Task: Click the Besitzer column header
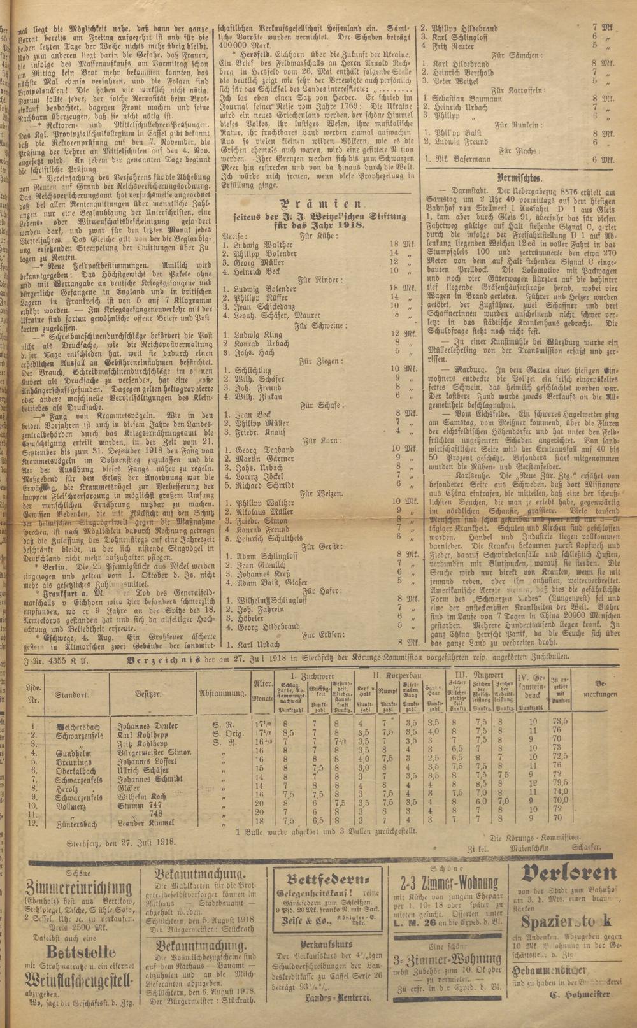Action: pyautogui.click(x=148, y=694)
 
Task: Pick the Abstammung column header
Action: pyautogui.click(x=223, y=694)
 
